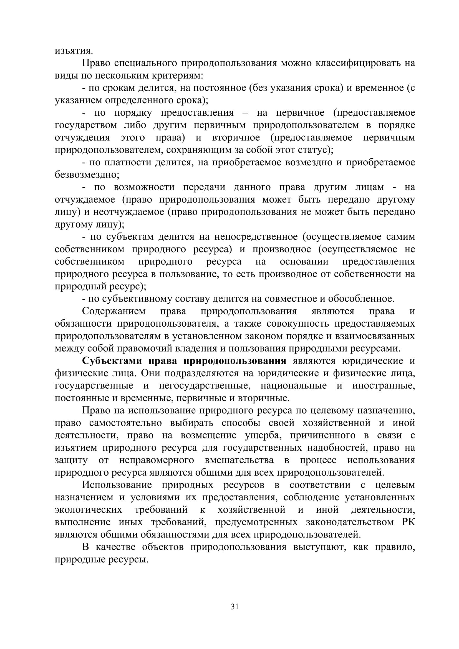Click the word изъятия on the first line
74,51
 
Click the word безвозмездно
87,175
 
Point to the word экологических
89,510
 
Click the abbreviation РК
408,522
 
